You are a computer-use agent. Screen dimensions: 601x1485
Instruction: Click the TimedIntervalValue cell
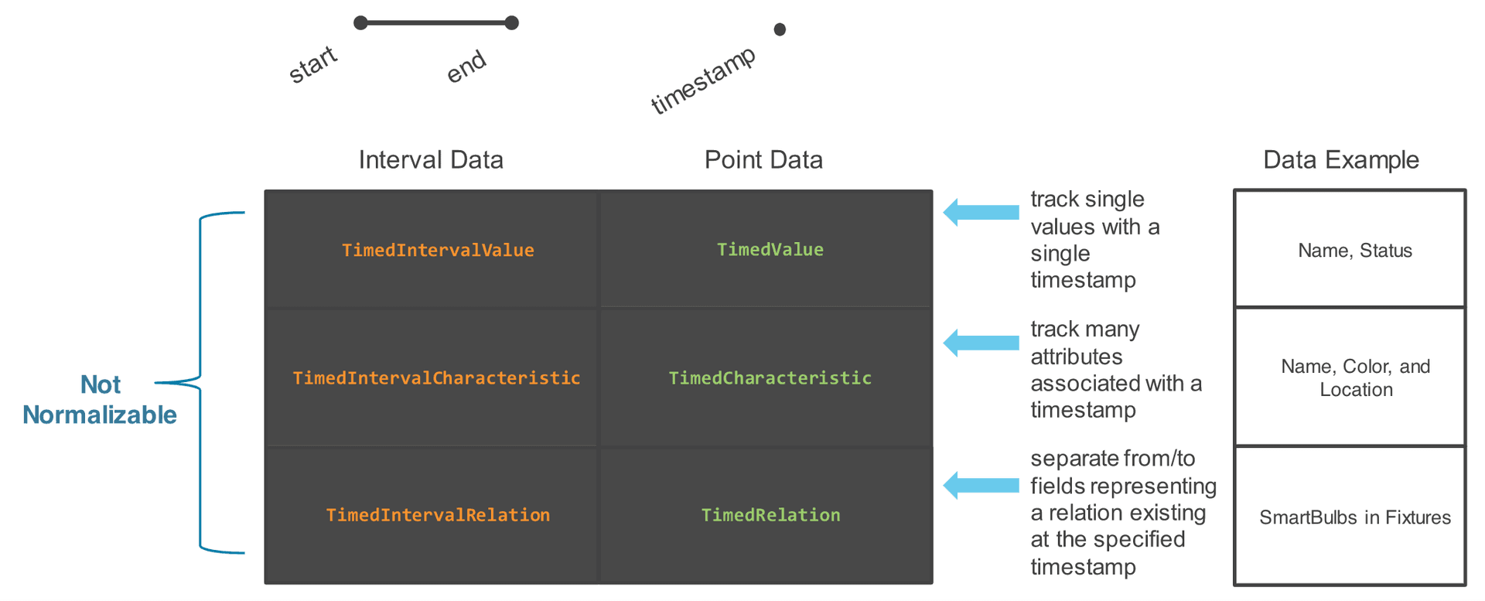pyautogui.click(x=438, y=250)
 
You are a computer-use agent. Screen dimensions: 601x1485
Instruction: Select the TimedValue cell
pyautogui.click(x=770, y=250)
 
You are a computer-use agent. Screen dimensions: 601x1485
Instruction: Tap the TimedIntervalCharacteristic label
pyautogui.click(x=436, y=377)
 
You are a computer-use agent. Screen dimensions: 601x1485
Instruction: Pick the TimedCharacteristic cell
pyautogui.click(x=770, y=377)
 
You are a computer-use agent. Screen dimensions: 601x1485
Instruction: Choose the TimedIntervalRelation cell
pyautogui.click(x=438, y=515)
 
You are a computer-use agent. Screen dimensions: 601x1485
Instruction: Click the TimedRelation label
pyautogui.click(x=770, y=515)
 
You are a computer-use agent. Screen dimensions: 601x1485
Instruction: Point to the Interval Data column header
pyautogui.click(x=431, y=160)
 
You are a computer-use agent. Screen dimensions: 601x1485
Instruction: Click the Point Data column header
pyautogui.click(x=763, y=160)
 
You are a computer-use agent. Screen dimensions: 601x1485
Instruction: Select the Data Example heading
pyautogui.click(x=1340, y=160)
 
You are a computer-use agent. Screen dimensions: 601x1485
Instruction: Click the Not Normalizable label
pyautogui.click(x=101, y=399)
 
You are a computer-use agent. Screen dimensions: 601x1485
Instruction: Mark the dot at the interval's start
pyautogui.click(x=360, y=23)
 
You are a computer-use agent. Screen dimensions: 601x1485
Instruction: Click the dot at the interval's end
pyautogui.click(x=511, y=23)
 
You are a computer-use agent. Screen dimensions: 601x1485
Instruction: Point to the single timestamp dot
pyautogui.click(x=780, y=29)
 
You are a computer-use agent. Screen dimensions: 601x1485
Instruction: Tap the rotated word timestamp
pyautogui.click(x=702, y=80)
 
